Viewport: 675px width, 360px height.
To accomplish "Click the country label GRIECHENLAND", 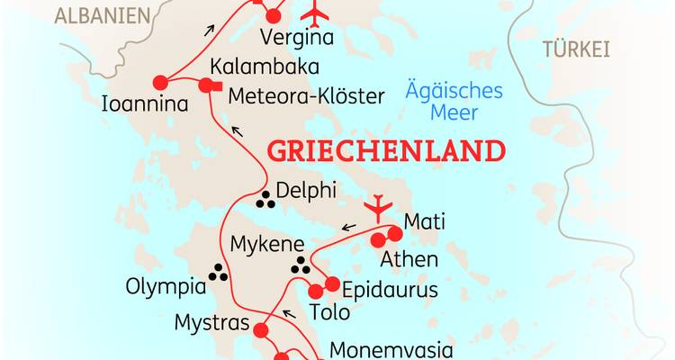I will [x=387, y=150].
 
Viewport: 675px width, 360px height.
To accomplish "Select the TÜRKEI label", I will [x=576, y=49].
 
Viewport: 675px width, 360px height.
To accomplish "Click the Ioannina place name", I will [x=146, y=104].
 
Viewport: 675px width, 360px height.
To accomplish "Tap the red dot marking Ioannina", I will [x=162, y=81].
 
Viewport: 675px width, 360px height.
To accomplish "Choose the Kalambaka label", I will [x=250, y=67].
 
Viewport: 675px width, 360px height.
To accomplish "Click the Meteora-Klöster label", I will [x=307, y=95].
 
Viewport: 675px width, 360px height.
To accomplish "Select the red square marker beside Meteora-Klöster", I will [x=205, y=86].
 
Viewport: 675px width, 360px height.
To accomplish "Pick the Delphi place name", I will [x=307, y=191].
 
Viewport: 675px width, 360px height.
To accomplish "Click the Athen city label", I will [x=409, y=260].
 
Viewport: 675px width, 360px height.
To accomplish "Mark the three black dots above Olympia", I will [x=218, y=272].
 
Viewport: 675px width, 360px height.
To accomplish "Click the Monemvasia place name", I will [x=387, y=349].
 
